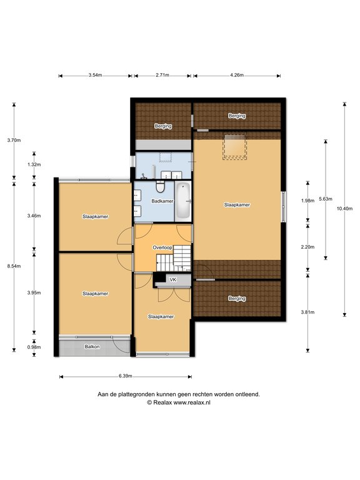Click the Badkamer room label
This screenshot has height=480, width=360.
(x=162, y=201)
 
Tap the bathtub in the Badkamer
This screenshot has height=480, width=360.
(x=183, y=200)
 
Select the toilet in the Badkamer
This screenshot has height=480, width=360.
(x=160, y=186)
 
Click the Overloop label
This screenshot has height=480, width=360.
(x=162, y=247)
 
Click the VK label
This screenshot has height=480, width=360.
(x=173, y=279)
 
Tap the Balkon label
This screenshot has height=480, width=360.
(x=92, y=346)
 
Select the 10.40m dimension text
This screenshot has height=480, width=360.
(x=344, y=209)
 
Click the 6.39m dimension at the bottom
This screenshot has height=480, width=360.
(x=126, y=376)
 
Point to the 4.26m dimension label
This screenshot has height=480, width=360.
(x=237, y=75)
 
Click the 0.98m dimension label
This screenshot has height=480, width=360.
(x=34, y=347)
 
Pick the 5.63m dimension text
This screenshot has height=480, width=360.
(x=326, y=199)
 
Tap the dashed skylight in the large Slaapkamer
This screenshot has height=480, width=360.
(x=235, y=147)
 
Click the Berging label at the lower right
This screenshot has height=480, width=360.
(x=237, y=298)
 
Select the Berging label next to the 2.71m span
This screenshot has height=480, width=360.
(x=163, y=126)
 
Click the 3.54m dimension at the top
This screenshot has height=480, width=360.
(x=95, y=75)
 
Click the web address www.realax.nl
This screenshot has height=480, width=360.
(x=192, y=402)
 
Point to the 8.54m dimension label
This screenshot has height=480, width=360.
(x=14, y=266)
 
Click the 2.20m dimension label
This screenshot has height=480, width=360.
(x=307, y=247)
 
